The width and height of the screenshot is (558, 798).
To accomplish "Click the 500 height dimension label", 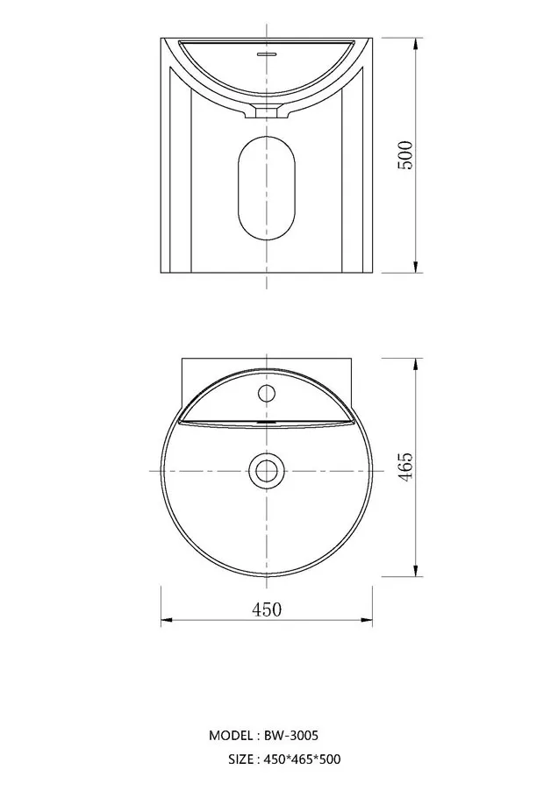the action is point(405,155).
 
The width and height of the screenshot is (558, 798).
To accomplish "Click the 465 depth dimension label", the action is point(405,467).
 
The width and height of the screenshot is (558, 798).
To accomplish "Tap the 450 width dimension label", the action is point(267,609).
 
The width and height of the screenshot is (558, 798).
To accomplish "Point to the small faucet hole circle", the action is point(266,393).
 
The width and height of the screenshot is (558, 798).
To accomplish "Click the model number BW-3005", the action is point(291,735).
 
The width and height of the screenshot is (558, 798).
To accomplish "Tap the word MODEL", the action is point(230,736).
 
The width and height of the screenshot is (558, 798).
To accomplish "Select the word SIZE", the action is point(240,759).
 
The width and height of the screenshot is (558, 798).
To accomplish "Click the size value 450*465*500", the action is point(303,759).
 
